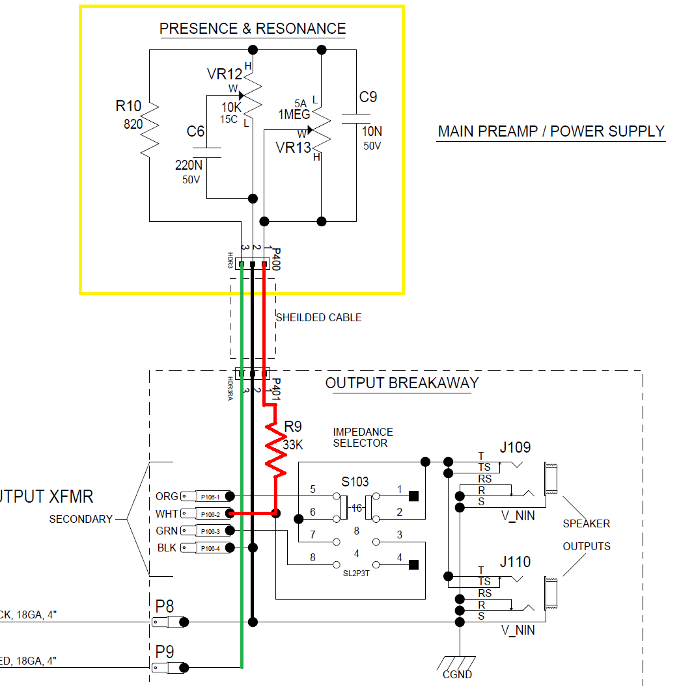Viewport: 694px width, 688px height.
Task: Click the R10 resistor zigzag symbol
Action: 149,128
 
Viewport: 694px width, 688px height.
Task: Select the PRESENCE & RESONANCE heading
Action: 253,29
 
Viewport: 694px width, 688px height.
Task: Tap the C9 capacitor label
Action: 368,97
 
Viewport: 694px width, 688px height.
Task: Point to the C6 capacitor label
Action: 195,132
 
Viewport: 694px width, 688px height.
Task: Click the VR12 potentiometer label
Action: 225,74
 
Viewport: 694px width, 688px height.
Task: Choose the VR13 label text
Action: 294,148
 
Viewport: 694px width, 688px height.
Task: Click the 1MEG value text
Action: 294,115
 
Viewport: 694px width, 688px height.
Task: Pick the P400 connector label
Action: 276,258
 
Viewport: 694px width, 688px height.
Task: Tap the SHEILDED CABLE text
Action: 318,317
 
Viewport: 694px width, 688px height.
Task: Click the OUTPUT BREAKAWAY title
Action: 402,383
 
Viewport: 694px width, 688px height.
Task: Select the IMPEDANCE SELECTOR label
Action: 363,437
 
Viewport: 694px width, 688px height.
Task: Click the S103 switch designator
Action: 355,482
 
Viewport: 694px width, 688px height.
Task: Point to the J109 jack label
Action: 515,447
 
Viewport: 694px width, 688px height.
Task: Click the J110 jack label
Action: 515,562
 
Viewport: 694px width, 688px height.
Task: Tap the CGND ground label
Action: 457,674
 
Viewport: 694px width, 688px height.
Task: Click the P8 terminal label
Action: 165,606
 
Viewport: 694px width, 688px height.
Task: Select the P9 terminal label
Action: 165,652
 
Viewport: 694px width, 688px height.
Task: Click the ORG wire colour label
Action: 167,496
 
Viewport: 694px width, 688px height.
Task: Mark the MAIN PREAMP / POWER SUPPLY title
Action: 551,131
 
